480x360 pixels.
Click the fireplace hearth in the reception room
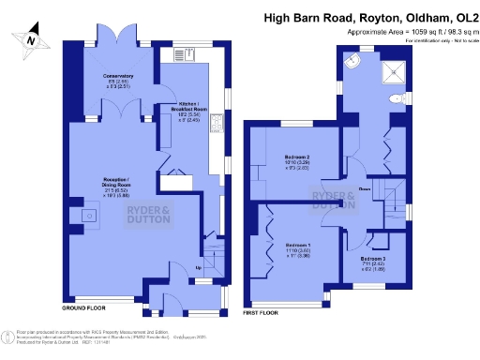(88, 217)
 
